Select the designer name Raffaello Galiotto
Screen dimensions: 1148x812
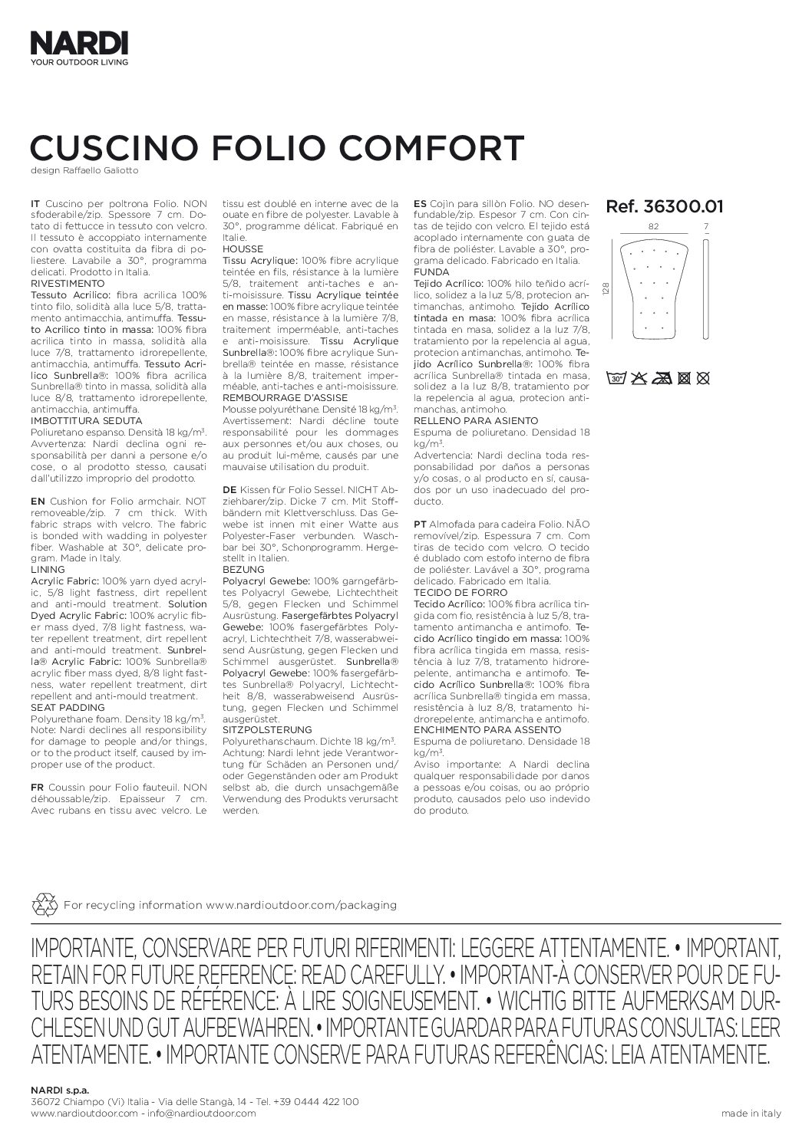[104, 170]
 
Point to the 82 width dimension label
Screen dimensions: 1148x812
[653, 227]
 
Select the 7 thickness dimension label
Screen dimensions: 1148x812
[707, 227]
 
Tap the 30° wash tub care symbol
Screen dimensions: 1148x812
[616, 377]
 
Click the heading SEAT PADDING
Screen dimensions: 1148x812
[62, 707]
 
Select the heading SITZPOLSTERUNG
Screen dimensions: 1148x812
[266, 729]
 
